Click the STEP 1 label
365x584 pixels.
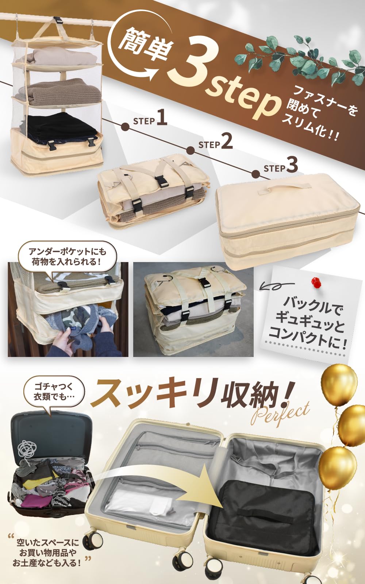click(150, 119)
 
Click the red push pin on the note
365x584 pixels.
click(316, 283)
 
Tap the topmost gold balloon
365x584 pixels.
click(339, 383)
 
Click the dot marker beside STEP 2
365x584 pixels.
click(191, 150)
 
